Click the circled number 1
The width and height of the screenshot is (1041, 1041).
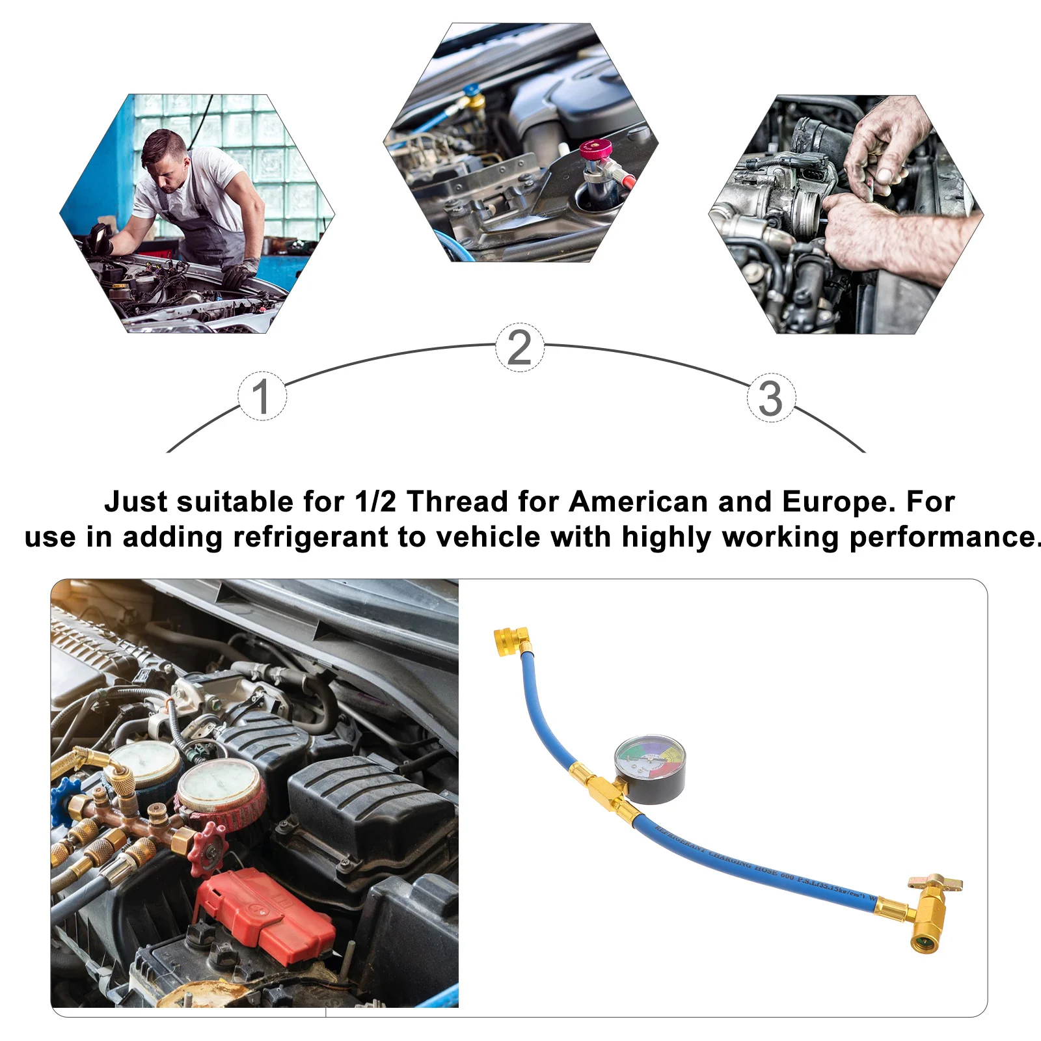pos(262,396)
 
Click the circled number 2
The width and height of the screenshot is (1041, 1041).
pos(519,347)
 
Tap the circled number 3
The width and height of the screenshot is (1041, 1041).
pos(771,398)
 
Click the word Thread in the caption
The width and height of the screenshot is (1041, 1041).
pos(457,502)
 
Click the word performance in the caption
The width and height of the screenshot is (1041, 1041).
pos(942,537)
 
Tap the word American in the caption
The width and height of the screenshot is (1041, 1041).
pos(638,502)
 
